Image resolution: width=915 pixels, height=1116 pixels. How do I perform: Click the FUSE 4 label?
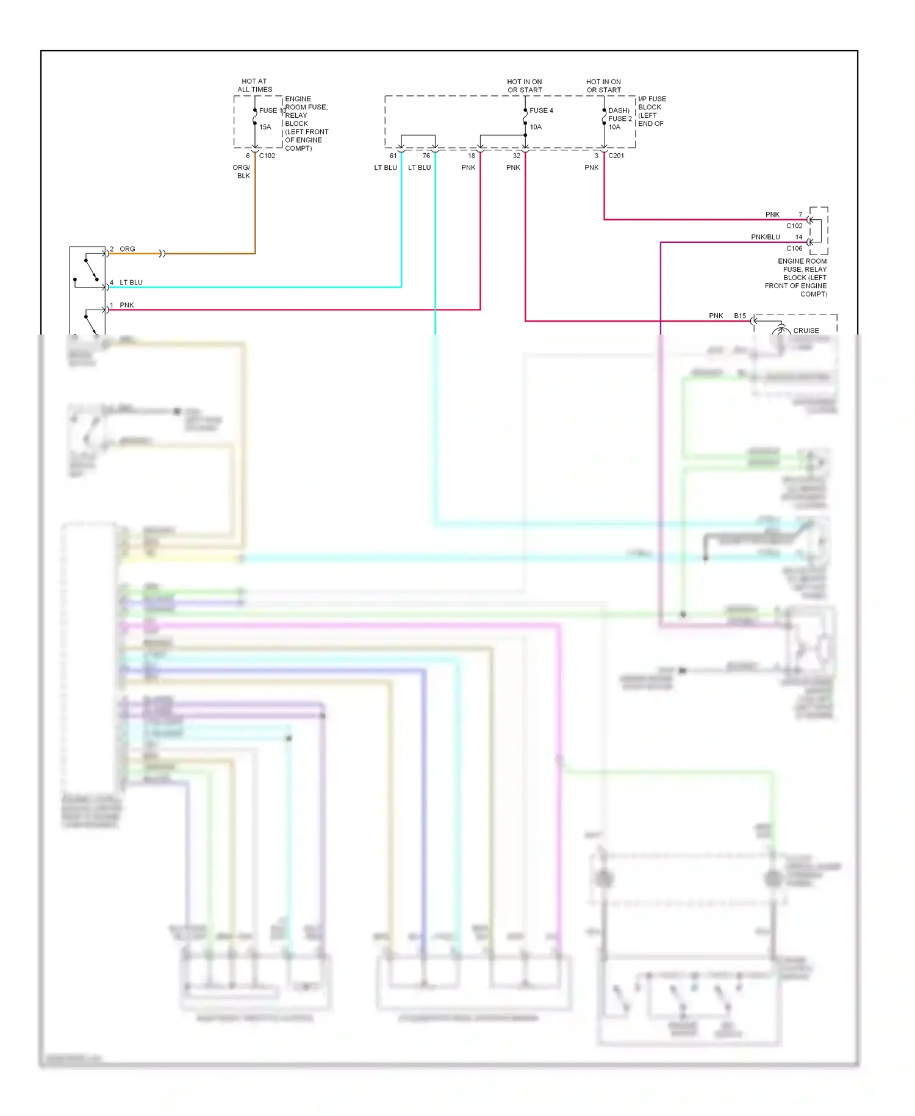pyautogui.click(x=541, y=111)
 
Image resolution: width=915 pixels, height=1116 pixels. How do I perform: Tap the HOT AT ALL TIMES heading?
pyautogui.click(x=254, y=85)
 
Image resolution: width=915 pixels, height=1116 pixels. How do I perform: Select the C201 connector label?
pyautogui.click(x=616, y=156)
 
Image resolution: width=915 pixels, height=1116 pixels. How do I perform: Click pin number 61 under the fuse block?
pyautogui.click(x=393, y=156)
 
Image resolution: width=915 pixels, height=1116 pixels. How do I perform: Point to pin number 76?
pyautogui.click(x=426, y=156)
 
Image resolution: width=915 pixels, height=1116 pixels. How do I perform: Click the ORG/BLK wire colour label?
pyautogui.click(x=242, y=172)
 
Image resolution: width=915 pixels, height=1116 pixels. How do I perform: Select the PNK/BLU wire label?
pyautogui.click(x=765, y=237)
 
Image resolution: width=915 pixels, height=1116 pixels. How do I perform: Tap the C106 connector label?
pyautogui.click(x=794, y=248)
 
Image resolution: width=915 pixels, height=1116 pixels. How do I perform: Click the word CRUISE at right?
pyautogui.click(x=806, y=330)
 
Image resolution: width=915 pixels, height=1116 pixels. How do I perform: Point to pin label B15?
pyautogui.click(x=740, y=316)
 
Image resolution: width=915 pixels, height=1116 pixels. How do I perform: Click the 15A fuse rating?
pyautogui.click(x=265, y=127)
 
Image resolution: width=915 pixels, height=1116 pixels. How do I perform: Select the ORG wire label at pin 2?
pyautogui.click(x=127, y=249)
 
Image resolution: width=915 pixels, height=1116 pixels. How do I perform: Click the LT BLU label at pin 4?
pyautogui.click(x=131, y=283)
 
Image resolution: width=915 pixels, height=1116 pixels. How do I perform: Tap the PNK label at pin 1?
pyautogui.click(x=127, y=305)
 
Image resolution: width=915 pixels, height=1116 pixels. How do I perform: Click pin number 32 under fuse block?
pyautogui.click(x=516, y=156)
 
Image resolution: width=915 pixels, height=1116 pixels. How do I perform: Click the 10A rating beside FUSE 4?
pyautogui.click(x=536, y=127)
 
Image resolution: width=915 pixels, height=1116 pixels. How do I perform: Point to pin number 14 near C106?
pyautogui.click(x=798, y=237)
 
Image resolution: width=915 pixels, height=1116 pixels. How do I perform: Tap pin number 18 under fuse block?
pyautogui.click(x=471, y=156)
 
